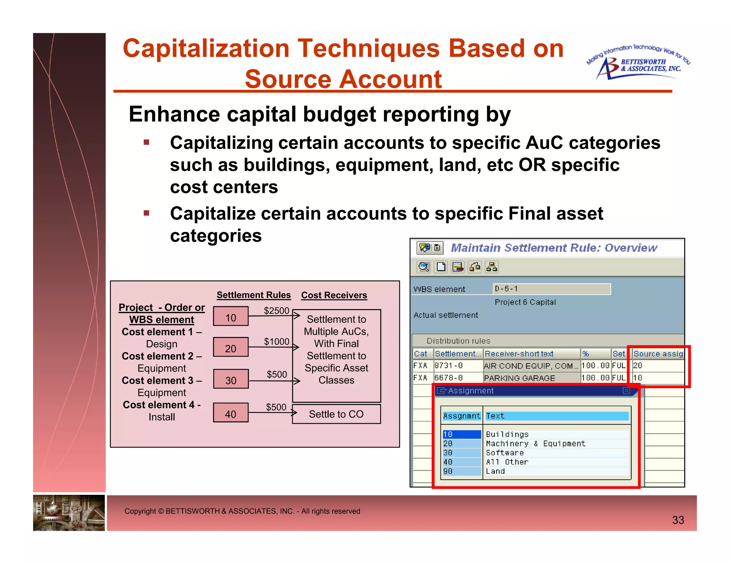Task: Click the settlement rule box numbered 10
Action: click(x=231, y=317)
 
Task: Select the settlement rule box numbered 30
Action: click(x=231, y=379)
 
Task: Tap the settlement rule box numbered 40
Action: click(x=231, y=413)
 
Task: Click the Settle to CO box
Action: click(x=336, y=414)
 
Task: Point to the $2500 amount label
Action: click(x=276, y=311)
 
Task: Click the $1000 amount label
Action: click(x=276, y=342)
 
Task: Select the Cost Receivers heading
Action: click(x=334, y=295)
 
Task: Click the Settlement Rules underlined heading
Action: click(x=253, y=295)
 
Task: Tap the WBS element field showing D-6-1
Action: click(x=551, y=289)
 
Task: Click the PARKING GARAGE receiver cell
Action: click(x=519, y=378)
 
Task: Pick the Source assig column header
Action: click(x=658, y=354)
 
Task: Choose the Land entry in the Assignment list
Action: click(x=495, y=471)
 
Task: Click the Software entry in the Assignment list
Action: click(x=505, y=453)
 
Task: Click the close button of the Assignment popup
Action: click(x=626, y=391)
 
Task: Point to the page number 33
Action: click(x=678, y=520)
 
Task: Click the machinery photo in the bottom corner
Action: click(x=69, y=512)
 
